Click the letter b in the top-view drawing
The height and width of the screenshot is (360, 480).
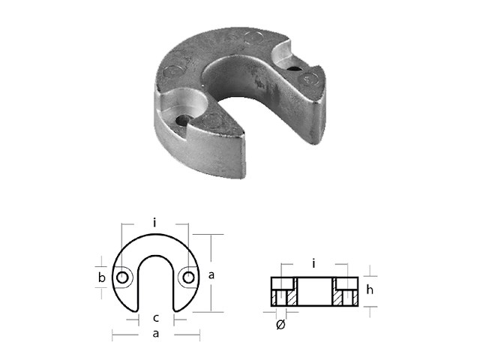coord(103,278)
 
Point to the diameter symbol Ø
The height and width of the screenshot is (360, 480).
coord(280,325)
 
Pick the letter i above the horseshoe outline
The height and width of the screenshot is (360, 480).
coord(153,222)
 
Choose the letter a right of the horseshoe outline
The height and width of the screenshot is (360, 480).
coord(212,275)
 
